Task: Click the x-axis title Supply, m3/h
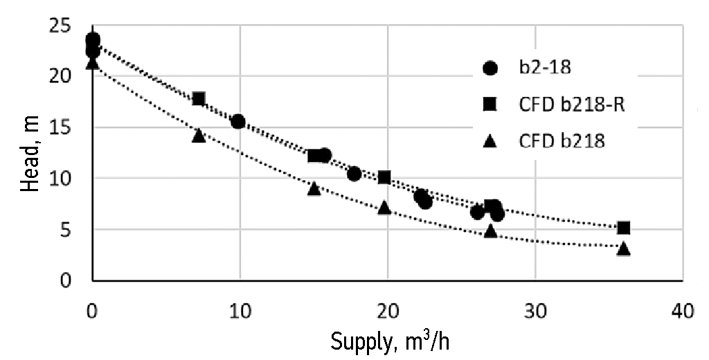click(392, 341)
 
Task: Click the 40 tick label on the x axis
click(683, 311)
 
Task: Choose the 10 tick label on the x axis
click(240, 311)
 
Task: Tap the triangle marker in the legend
click(490, 141)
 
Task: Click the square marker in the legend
click(490, 105)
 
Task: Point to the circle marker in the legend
click(490, 68)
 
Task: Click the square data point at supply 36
click(623, 228)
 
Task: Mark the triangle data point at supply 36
click(623, 248)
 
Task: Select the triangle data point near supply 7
click(199, 135)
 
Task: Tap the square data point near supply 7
click(199, 99)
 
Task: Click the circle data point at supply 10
click(238, 122)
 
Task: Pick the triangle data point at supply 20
click(385, 207)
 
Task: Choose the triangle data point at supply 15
click(314, 188)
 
